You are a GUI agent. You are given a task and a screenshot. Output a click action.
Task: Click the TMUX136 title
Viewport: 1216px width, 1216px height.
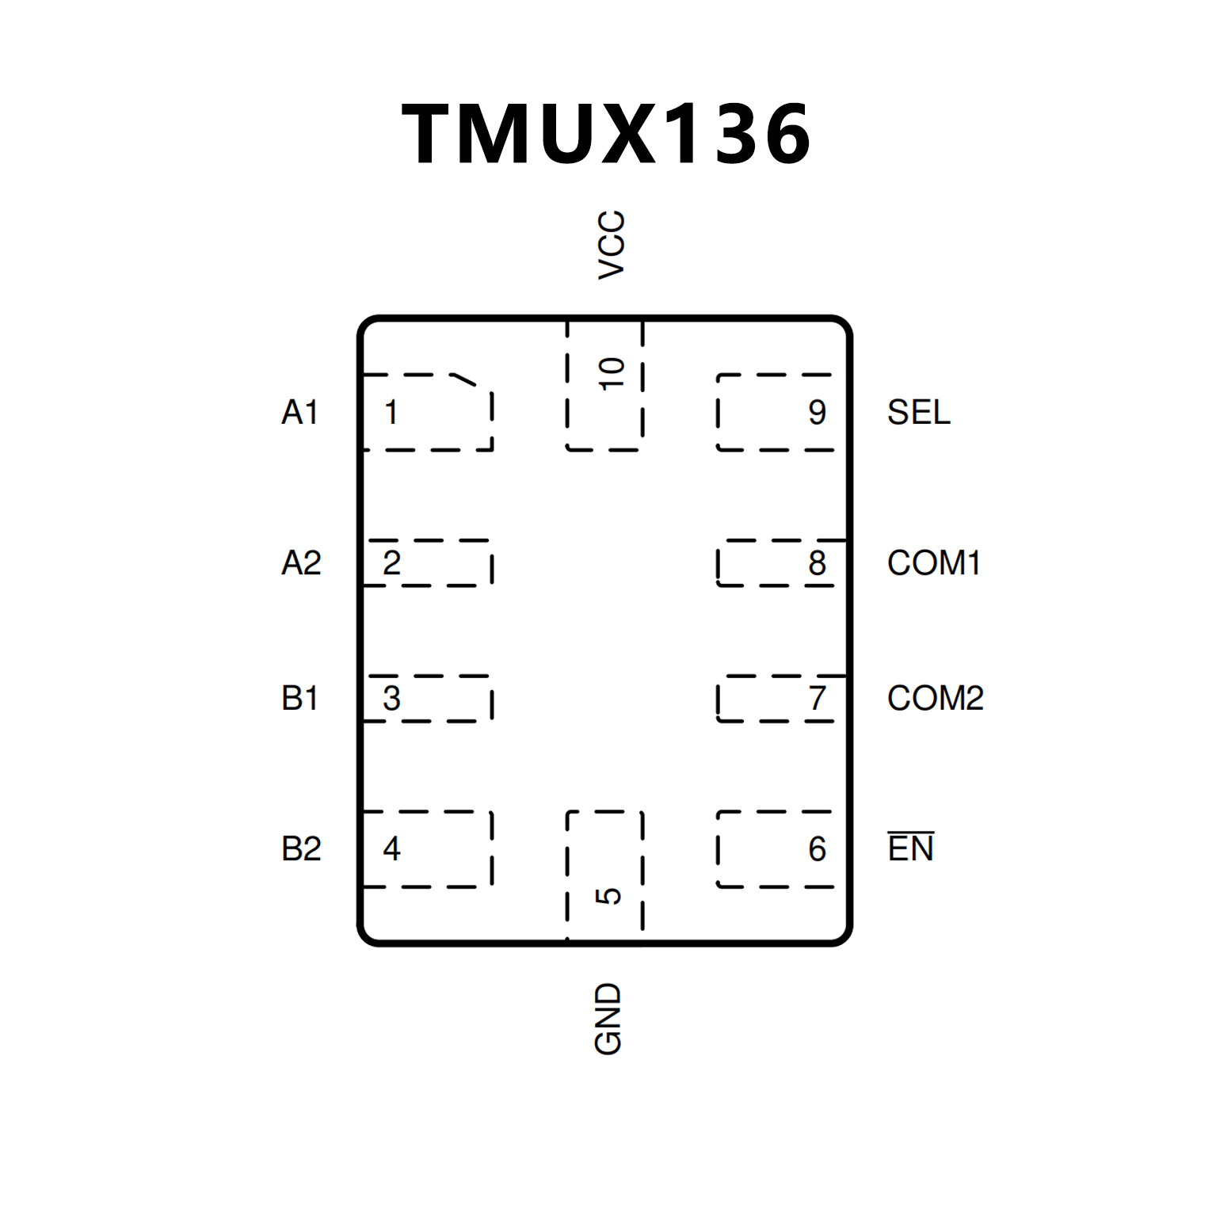click(607, 134)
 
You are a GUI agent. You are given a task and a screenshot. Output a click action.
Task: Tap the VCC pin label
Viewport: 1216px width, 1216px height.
click(612, 245)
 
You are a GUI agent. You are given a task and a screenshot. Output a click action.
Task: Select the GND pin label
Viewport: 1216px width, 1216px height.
click(608, 1019)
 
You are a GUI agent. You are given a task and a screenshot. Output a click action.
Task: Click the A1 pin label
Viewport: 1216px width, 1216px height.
click(300, 413)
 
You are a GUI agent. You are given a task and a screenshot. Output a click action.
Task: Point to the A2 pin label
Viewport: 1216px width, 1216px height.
click(301, 563)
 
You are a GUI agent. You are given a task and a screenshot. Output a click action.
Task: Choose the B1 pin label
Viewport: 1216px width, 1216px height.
click(300, 699)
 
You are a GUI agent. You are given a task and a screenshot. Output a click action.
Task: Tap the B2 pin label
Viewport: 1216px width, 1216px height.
click(301, 849)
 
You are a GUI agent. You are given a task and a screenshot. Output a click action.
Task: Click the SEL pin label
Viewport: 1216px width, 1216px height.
click(918, 413)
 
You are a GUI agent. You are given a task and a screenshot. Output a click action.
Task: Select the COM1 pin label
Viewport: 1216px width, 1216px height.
click(934, 563)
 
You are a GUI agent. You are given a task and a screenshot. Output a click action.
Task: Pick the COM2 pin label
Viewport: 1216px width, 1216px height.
click(935, 699)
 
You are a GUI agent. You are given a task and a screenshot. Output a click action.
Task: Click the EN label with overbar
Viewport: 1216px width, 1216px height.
click(910, 848)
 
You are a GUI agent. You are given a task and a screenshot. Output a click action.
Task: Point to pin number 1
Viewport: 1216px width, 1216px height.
click(391, 413)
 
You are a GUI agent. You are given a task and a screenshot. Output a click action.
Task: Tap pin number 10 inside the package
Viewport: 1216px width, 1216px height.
click(612, 374)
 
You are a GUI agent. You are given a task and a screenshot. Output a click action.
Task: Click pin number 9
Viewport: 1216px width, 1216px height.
click(818, 413)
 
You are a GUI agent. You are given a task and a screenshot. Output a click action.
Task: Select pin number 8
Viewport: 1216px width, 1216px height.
click(818, 563)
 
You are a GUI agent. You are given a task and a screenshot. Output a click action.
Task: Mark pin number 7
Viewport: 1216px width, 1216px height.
click(818, 699)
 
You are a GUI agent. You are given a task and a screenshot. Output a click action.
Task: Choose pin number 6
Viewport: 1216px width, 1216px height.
click(818, 849)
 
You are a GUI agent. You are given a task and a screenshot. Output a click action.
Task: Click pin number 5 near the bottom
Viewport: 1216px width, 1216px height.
click(608, 896)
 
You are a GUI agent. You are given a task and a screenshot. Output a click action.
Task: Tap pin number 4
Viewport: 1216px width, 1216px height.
click(391, 849)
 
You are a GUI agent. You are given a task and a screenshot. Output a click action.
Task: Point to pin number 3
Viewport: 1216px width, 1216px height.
click(391, 699)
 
